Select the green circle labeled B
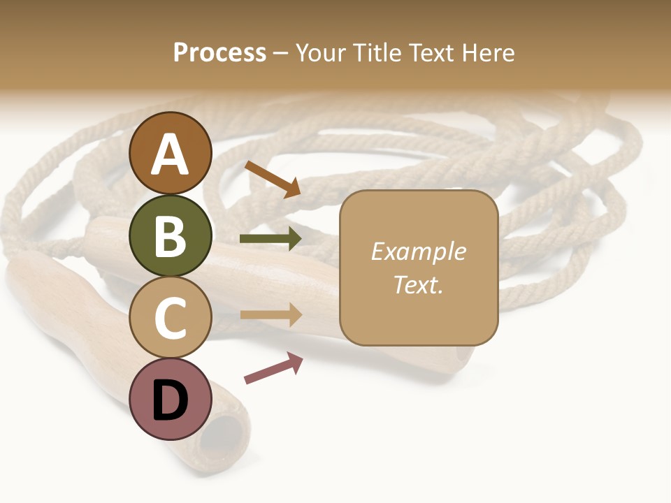click(x=170, y=235)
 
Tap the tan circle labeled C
click(x=170, y=317)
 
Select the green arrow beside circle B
click(x=270, y=238)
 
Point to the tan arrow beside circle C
click(x=271, y=315)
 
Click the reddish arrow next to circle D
click(x=273, y=367)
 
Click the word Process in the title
click(x=219, y=52)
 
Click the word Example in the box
click(x=418, y=251)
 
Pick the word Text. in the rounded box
click(x=418, y=284)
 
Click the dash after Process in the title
click(x=280, y=53)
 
